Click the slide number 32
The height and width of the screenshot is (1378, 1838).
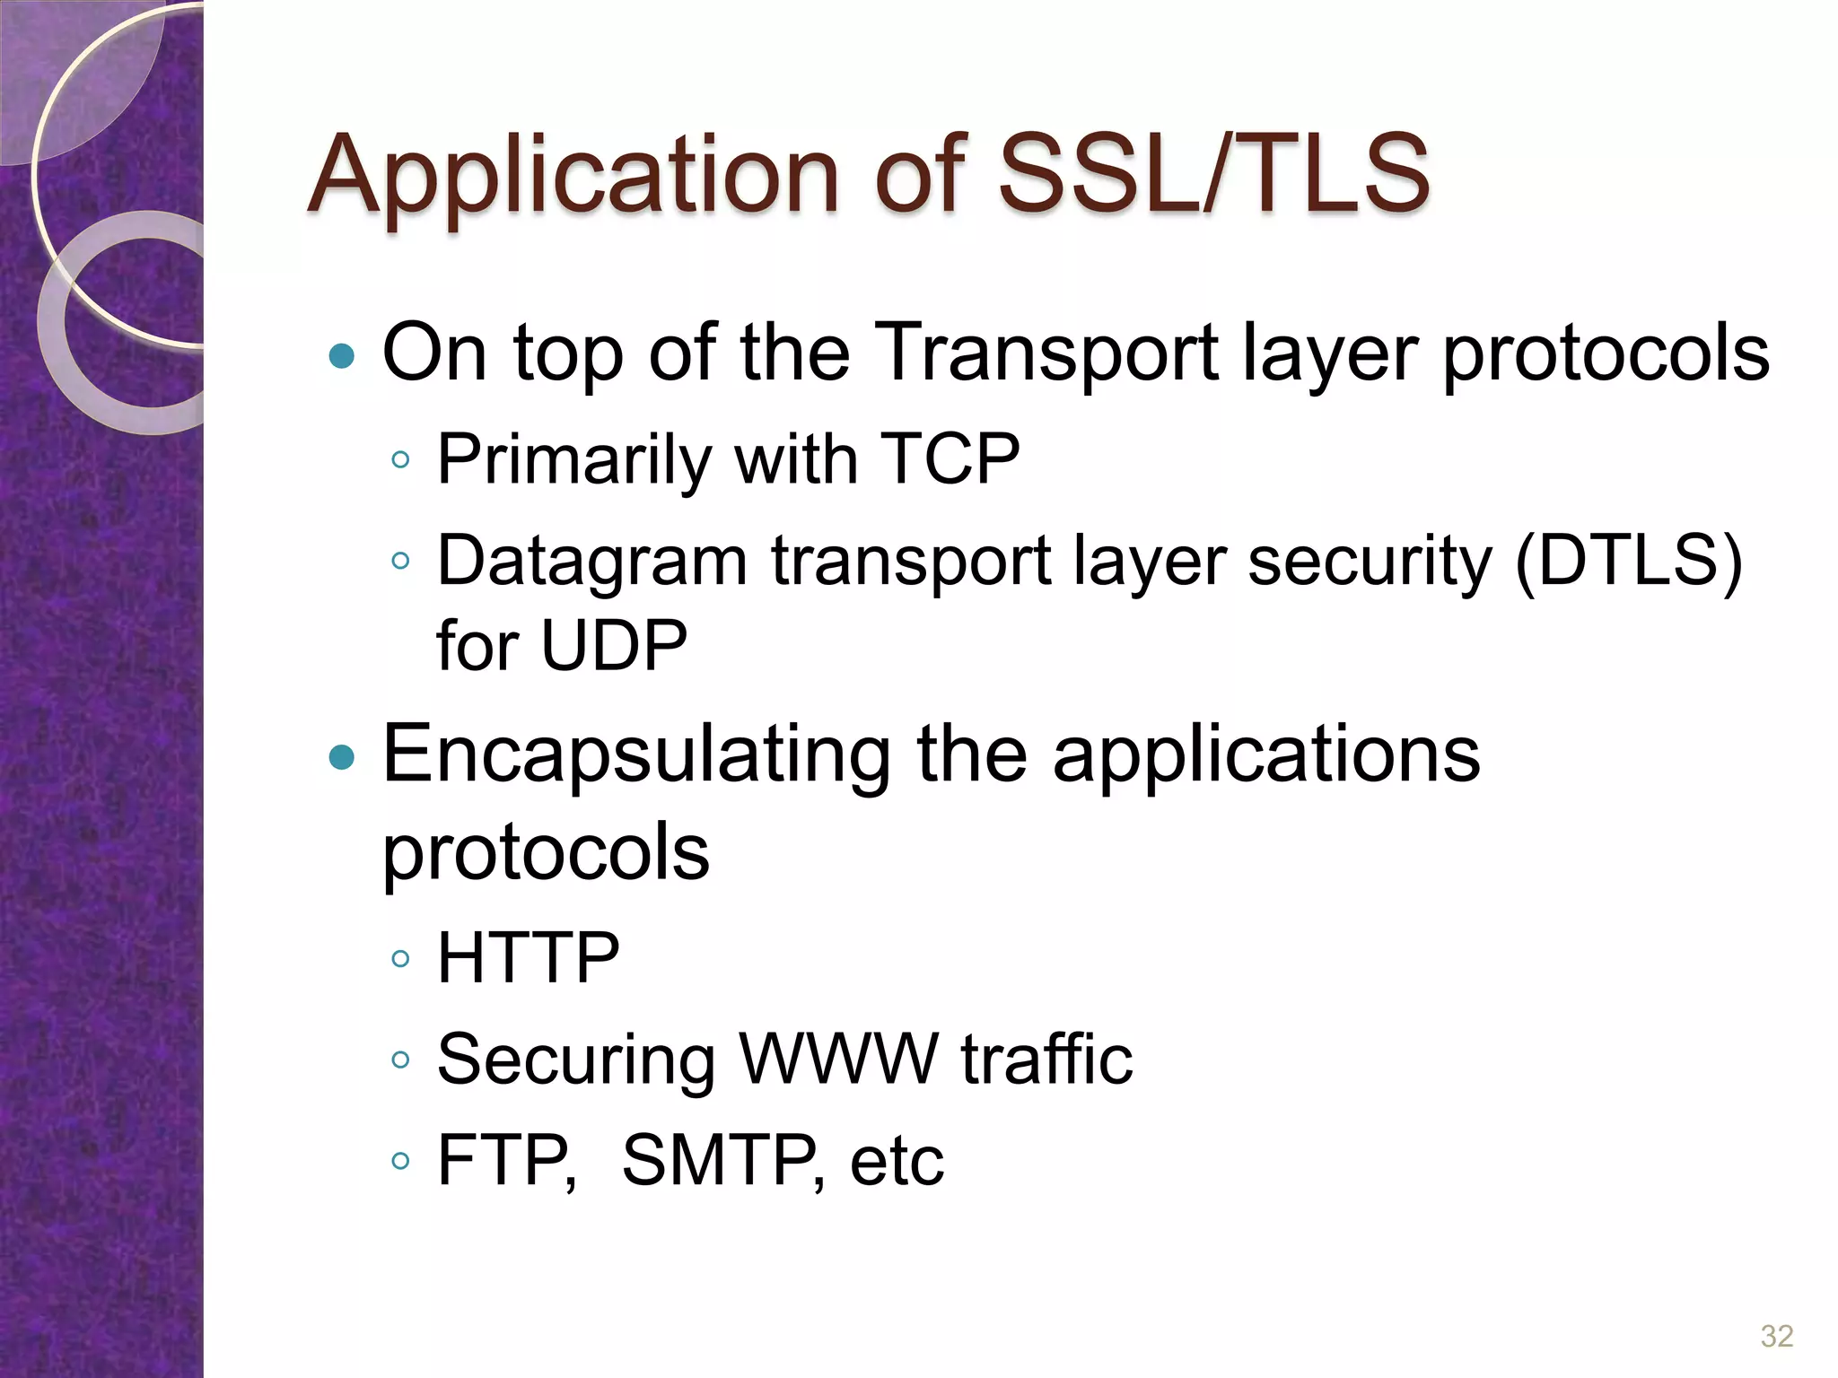(1777, 1336)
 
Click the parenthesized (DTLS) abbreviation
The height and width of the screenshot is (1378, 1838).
(1628, 561)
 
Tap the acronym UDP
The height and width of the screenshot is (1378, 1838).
(615, 645)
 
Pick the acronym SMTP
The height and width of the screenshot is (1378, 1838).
(718, 1161)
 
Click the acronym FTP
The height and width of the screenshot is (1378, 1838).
(503, 1161)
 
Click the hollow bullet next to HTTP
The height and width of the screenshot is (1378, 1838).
(401, 959)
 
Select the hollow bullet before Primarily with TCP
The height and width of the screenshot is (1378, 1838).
(401, 461)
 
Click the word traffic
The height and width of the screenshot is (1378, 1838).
(1046, 1060)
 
